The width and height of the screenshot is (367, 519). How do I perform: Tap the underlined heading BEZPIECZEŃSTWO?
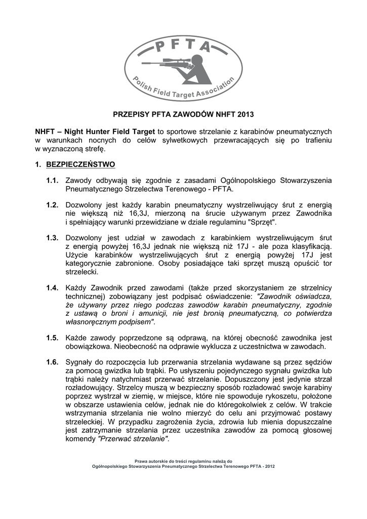coord(80,165)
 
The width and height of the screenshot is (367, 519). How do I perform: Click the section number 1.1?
coord(52,181)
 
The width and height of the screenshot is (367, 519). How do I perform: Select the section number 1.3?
coord(52,238)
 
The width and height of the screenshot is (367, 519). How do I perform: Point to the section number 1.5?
coord(52,338)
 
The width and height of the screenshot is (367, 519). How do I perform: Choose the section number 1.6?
coord(52,362)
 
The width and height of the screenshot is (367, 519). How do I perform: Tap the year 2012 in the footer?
coord(269,466)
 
